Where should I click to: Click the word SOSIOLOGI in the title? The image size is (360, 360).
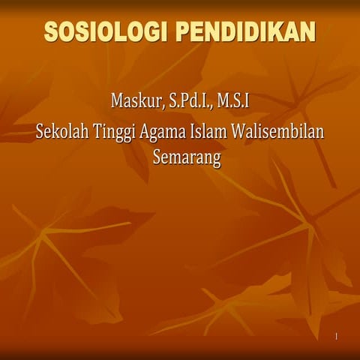click(107, 32)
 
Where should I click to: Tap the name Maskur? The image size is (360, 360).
click(138, 100)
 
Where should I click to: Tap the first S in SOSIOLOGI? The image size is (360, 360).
click(53, 32)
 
